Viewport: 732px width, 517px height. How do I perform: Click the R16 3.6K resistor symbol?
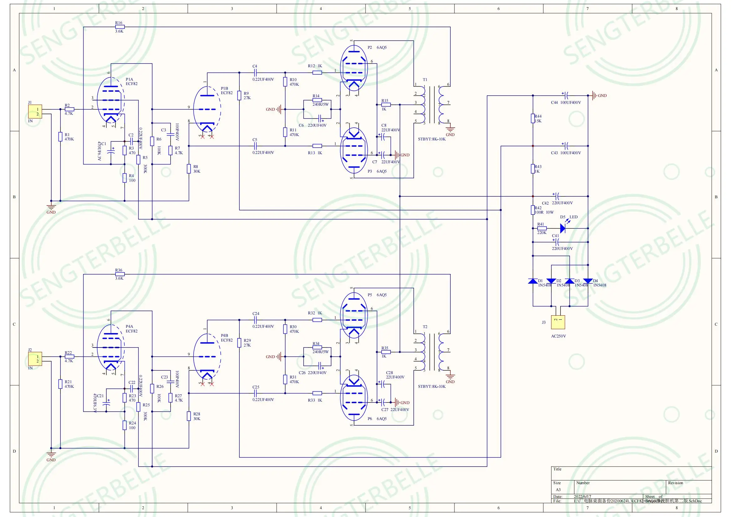coord(120,27)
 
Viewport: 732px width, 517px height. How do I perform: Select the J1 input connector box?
coord(35,111)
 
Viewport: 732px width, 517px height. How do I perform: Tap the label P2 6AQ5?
coord(377,48)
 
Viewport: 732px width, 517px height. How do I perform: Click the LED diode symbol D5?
coord(563,228)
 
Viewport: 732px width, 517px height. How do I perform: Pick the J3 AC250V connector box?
coord(558,322)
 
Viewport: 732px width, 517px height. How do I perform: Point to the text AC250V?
coord(558,336)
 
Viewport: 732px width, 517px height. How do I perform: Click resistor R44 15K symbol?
coord(533,119)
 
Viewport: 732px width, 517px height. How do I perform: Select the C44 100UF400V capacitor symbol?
coord(566,95)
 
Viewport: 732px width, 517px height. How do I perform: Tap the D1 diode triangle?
coord(533,281)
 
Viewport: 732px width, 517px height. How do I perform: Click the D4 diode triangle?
coord(588,281)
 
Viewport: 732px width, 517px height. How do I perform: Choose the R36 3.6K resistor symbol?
coord(120,274)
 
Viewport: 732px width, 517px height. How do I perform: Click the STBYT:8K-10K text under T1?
coord(432,139)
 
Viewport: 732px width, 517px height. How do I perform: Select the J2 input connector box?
coord(35,359)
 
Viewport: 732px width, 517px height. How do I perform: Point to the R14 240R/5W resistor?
coord(317,100)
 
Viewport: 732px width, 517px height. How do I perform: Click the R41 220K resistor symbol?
coord(542,228)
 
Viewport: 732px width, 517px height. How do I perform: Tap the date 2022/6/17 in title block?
coord(582,496)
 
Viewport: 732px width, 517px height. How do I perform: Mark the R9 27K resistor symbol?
coord(239,96)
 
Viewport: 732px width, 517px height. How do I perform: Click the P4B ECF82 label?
coord(226,338)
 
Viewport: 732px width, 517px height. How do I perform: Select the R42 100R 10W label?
coord(544,210)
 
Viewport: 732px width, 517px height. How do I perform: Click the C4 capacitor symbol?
coord(255,73)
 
